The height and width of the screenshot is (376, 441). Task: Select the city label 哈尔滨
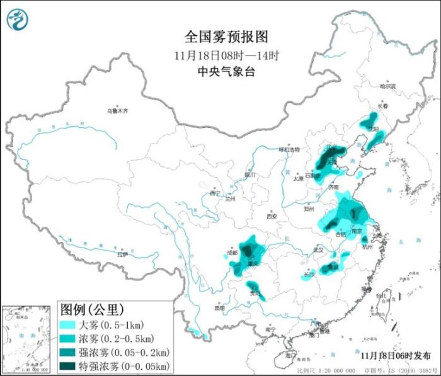[x=387, y=86]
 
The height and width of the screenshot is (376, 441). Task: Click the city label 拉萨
[x=122, y=254]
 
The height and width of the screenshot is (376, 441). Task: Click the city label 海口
[x=290, y=356]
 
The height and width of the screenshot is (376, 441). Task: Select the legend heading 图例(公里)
[x=91, y=309]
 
